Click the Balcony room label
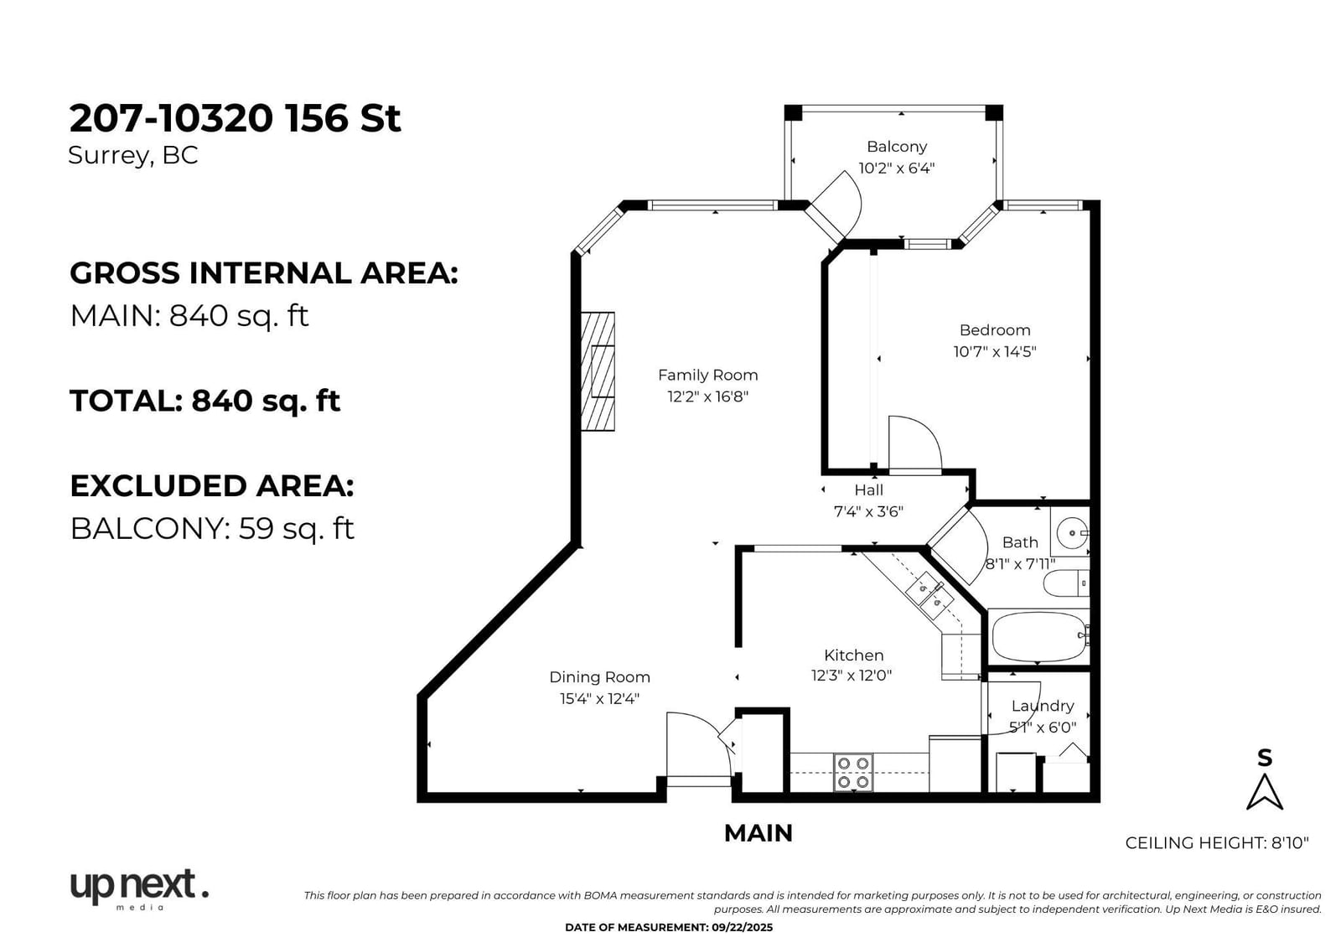click(897, 147)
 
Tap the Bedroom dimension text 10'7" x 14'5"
click(994, 351)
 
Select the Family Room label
click(707, 376)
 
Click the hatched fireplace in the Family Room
click(598, 371)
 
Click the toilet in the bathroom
click(1065, 583)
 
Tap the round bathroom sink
click(1072, 532)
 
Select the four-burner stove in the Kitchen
click(853, 773)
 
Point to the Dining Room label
click(599, 677)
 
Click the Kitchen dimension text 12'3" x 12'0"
click(852, 676)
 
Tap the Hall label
click(868, 490)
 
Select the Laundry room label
click(1043, 706)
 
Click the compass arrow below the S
click(1265, 793)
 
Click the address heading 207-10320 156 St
click(235, 118)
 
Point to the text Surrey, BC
click(133, 156)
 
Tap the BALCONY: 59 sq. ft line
click(213, 528)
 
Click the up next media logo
click(139, 889)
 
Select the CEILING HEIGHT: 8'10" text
click(1217, 843)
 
